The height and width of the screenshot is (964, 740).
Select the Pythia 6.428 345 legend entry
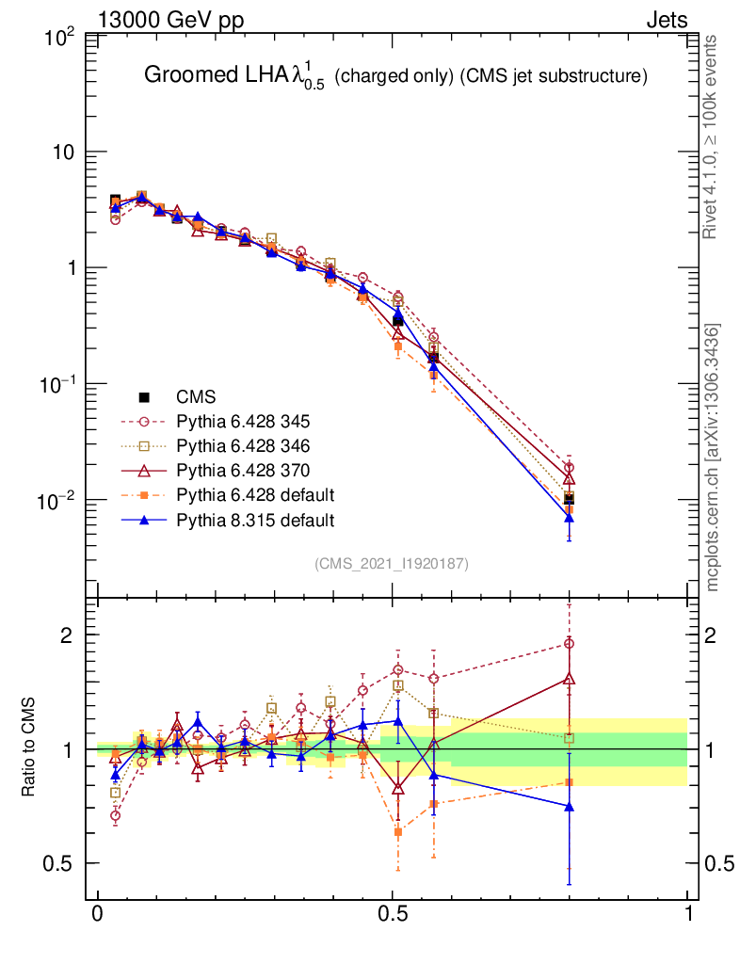point(230,421)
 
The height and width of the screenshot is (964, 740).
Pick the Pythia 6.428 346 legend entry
point(230,445)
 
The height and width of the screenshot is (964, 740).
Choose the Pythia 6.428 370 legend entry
point(230,470)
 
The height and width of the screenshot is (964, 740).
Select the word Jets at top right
point(667,21)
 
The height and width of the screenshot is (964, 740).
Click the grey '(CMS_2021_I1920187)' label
point(392,563)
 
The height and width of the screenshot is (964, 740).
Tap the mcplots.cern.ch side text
point(714,457)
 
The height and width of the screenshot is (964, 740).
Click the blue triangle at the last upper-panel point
point(569,517)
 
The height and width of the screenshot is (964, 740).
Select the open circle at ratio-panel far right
point(569,644)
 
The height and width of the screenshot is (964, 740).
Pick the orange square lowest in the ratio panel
point(398,831)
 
